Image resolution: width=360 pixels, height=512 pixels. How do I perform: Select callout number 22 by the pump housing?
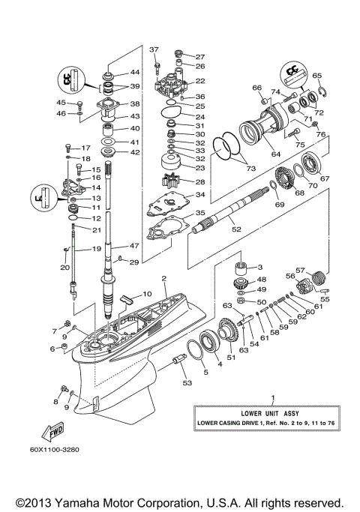click(200, 81)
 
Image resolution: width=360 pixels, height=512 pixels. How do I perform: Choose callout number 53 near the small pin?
click(185, 382)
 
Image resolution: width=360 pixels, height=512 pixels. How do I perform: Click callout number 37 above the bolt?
click(154, 50)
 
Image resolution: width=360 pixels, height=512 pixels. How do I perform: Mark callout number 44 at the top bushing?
click(135, 73)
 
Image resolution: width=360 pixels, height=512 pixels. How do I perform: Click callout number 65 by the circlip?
click(316, 76)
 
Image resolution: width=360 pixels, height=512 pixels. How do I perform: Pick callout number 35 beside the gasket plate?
click(200, 213)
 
